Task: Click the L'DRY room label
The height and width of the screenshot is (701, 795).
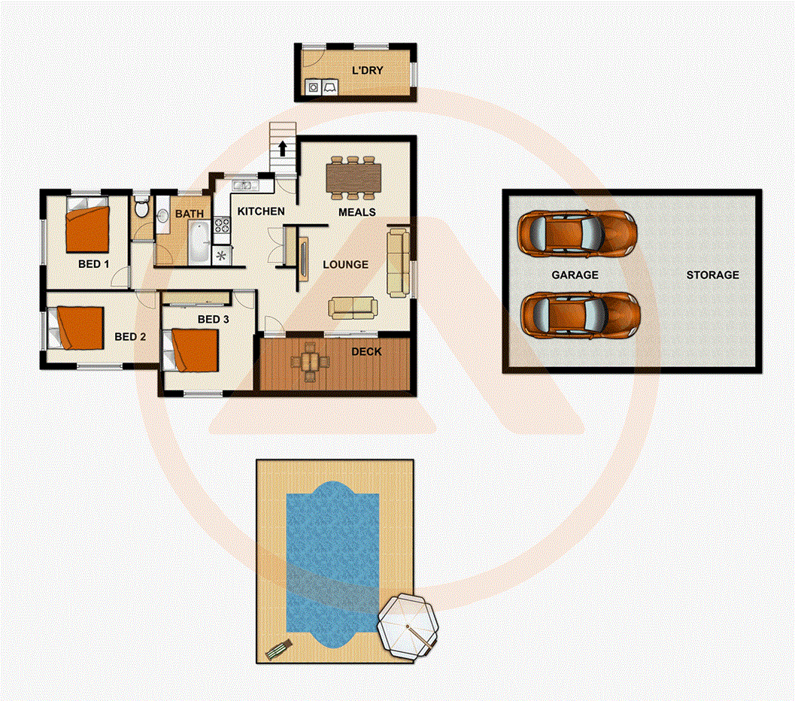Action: tap(368, 71)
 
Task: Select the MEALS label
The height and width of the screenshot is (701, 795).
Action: tap(357, 212)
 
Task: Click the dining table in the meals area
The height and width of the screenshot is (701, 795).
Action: tap(354, 178)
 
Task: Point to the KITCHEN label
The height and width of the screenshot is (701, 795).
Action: tap(261, 211)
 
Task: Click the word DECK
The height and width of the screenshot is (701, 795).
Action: tap(366, 351)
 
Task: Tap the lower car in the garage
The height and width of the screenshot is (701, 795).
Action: tap(579, 313)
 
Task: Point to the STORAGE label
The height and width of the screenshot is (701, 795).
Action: tap(712, 275)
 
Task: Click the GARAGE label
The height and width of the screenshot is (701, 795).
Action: tap(575, 275)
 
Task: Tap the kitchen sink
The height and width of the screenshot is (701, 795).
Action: tap(244, 184)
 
